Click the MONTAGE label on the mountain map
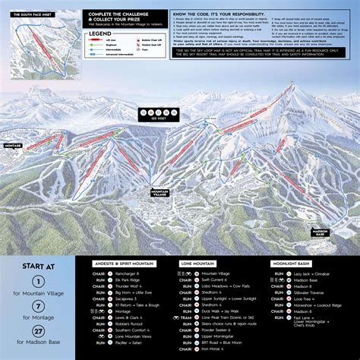click(x=13, y=145)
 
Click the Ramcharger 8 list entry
click(x=128, y=273)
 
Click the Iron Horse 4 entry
click(x=212, y=349)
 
